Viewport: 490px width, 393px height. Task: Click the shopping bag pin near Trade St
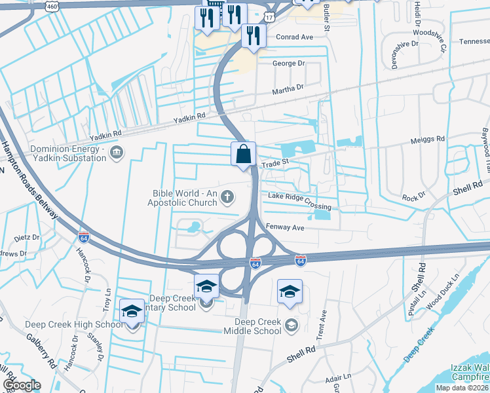click(243, 155)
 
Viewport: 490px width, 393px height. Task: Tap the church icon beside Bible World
click(227, 196)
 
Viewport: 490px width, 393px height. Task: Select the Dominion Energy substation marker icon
click(117, 153)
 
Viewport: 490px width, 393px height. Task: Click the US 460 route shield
click(52, 6)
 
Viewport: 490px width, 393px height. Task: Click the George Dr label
click(289, 64)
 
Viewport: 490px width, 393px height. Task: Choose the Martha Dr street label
click(290, 87)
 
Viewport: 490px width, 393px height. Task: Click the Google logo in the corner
click(22, 385)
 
